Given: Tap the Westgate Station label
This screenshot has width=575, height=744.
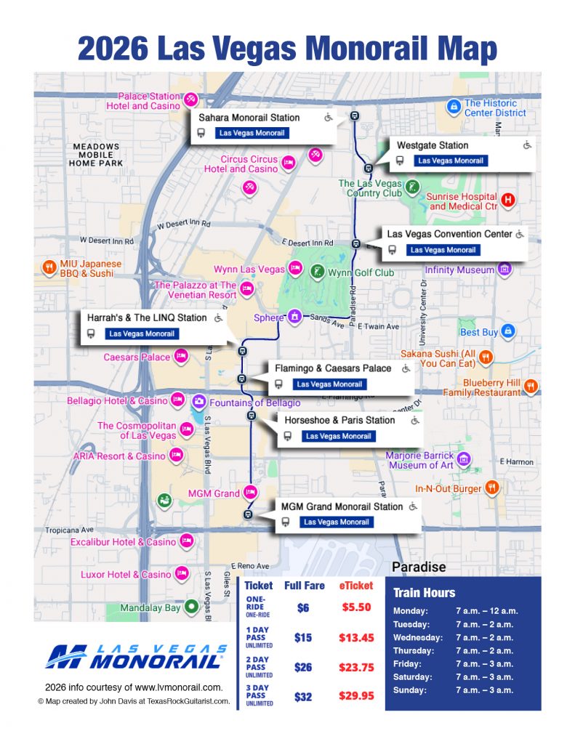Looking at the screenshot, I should tap(432, 145).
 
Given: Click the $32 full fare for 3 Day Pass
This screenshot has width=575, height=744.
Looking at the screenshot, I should tap(303, 695).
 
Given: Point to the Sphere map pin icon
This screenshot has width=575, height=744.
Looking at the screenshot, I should tap(294, 317).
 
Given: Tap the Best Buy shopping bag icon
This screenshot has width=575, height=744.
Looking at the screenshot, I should tap(509, 331).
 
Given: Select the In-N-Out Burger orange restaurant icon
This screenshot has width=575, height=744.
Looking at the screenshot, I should tap(492, 488).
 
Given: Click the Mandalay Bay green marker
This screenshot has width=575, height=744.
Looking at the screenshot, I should tap(191, 607).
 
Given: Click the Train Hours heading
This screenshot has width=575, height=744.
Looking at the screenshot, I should tap(425, 592).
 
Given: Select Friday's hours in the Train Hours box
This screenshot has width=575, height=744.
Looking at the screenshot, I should tap(484, 663).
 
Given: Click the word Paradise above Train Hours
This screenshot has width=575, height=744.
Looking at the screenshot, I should tap(419, 567).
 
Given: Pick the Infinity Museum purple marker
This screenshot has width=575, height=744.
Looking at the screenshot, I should tap(504, 270).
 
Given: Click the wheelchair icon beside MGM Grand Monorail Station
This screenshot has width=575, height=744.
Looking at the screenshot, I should tap(413, 506).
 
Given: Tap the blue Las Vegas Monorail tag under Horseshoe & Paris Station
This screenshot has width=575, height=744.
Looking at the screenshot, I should tap(337, 436).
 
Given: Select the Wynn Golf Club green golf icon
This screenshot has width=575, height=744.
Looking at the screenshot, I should tap(317, 272).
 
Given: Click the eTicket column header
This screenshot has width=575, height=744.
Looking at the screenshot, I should tap(355, 585).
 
